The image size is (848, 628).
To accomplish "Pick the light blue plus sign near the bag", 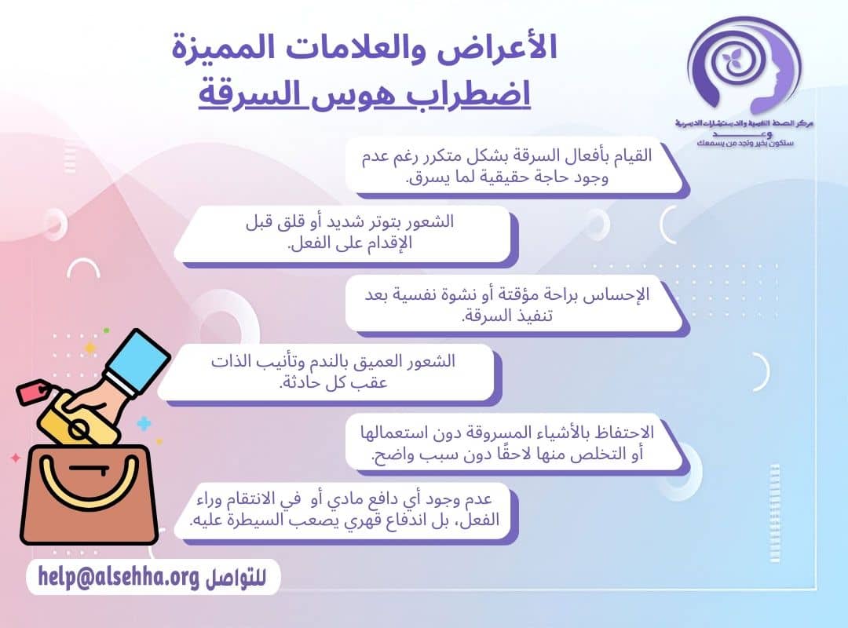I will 144,425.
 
